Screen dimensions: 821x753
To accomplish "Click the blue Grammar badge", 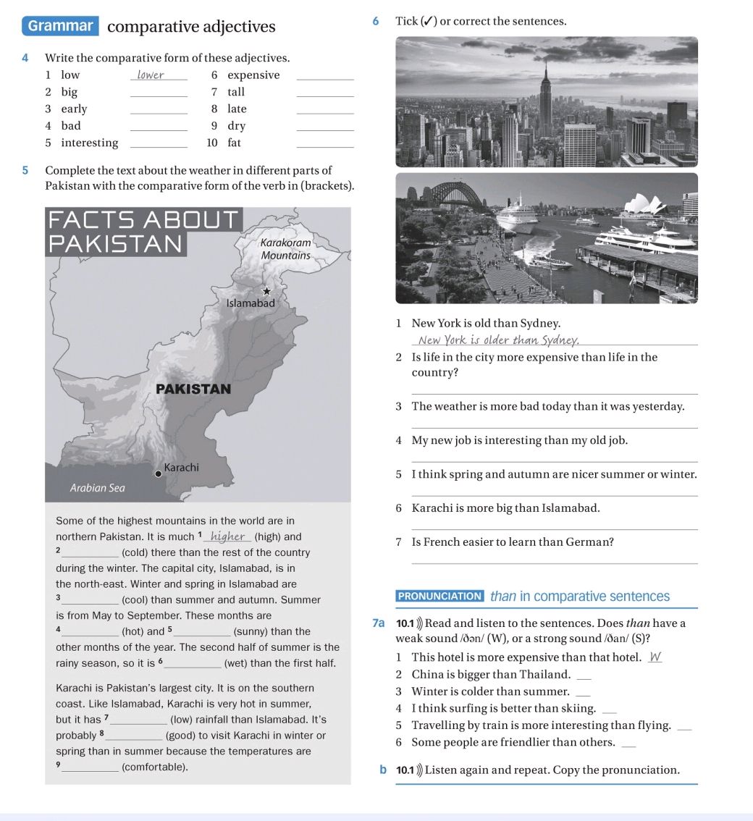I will coord(61,26).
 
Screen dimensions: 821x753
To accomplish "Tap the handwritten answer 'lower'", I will coord(151,75).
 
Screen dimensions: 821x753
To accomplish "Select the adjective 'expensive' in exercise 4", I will coord(253,75).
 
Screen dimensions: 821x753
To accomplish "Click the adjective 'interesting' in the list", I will coord(89,143).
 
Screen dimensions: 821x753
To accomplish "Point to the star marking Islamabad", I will coord(266,291).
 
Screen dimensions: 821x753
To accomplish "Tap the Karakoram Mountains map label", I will coord(285,249).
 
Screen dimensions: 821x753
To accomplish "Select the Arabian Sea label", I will coord(98,488).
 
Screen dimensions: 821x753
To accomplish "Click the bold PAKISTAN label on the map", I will coord(193,389).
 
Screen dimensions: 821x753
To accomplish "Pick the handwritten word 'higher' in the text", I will coord(227,536).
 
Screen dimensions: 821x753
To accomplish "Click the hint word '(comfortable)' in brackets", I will coord(155,767).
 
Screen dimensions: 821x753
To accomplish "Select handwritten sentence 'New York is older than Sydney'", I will coord(497,341).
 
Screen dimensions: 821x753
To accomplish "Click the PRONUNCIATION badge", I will coord(440,597).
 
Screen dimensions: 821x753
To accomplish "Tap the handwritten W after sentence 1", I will coord(655,657).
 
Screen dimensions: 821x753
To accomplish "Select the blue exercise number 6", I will coord(375,21).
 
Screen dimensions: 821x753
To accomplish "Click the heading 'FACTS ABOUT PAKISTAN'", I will coord(142,230).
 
